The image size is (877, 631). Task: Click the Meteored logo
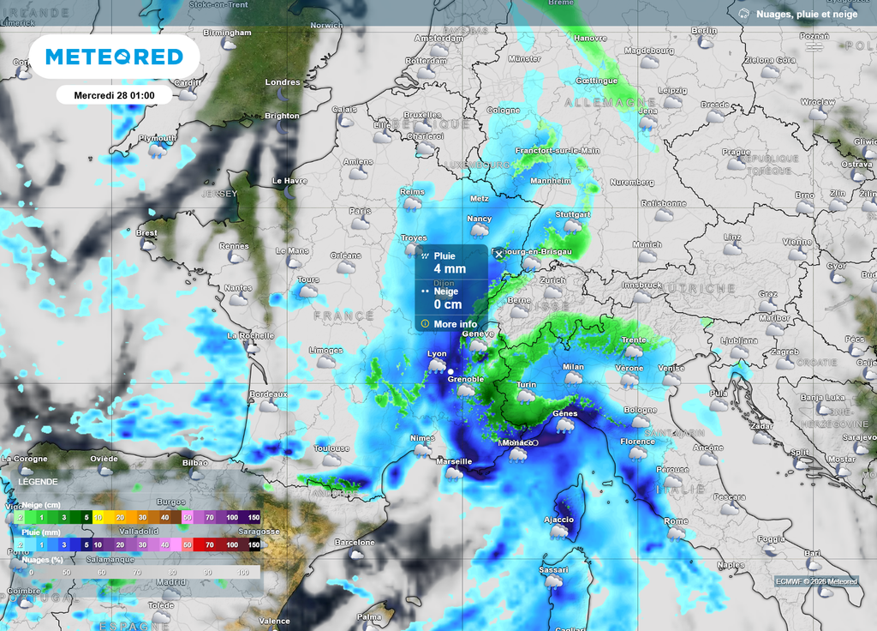[114, 57]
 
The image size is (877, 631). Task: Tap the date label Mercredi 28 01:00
[114, 94]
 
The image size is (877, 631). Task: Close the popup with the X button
[499, 255]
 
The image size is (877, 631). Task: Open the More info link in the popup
[455, 324]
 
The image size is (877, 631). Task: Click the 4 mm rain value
[450, 269]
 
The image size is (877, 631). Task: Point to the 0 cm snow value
[447, 304]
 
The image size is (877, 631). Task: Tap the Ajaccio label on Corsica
[558, 520]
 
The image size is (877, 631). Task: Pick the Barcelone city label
[355, 542]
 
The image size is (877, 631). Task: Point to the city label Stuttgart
[573, 214]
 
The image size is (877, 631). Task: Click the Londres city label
[283, 82]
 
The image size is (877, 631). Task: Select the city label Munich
[647, 244]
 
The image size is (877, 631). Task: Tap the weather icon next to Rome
[677, 533]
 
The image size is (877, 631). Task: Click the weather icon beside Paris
[361, 223]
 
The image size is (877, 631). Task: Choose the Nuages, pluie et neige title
[805, 14]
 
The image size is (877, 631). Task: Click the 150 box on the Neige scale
[254, 518]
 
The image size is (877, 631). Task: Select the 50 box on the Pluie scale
[187, 544]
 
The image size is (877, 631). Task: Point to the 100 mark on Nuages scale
[243, 572]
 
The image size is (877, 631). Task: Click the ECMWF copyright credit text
[815, 581]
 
